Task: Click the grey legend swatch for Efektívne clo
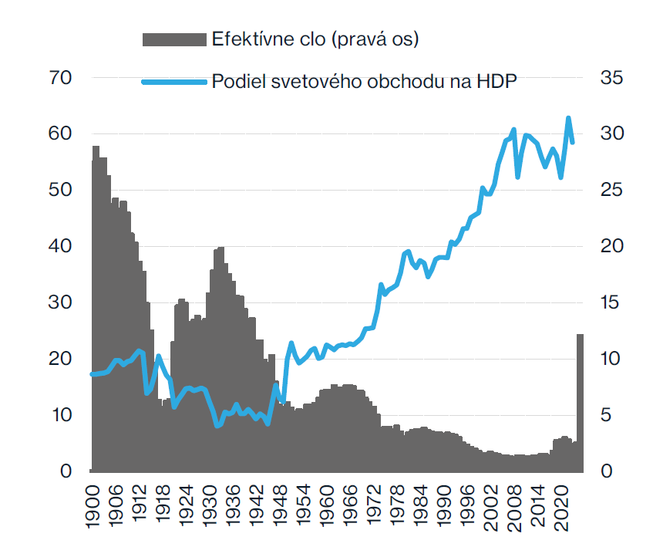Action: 176,40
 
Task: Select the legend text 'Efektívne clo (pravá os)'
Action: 315,40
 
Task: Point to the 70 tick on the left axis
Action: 59,78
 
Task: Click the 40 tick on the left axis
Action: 59,247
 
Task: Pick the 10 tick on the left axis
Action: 59,416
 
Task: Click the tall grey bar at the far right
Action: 580,401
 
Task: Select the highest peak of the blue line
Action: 568,118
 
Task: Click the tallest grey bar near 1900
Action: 96,309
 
